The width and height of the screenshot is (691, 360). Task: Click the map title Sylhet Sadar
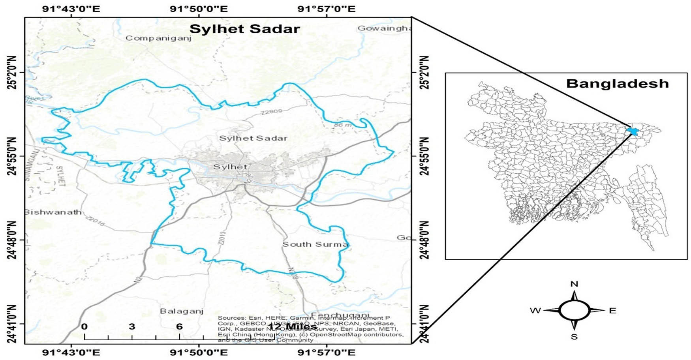point(244,29)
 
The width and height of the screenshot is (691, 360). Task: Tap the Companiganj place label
point(158,38)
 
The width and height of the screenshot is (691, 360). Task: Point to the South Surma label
point(315,244)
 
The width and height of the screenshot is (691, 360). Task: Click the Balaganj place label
point(182,311)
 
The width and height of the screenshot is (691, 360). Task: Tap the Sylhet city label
point(230,167)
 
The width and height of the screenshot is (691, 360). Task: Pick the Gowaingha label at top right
point(384,28)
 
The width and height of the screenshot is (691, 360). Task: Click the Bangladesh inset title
point(617,84)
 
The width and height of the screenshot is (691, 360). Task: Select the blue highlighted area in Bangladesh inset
point(633,131)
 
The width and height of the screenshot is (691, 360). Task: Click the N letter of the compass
point(575,284)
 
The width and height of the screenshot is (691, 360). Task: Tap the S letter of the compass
point(575,337)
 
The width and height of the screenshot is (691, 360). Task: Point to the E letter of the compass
point(612,311)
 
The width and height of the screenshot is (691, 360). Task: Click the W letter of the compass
point(535,311)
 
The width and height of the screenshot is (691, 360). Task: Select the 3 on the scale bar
point(132,326)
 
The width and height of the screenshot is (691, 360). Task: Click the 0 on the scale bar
point(84,326)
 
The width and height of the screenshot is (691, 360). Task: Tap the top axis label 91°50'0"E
point(199,9)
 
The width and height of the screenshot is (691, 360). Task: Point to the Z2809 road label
point(271,112)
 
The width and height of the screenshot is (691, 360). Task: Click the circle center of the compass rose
point(575,311)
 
